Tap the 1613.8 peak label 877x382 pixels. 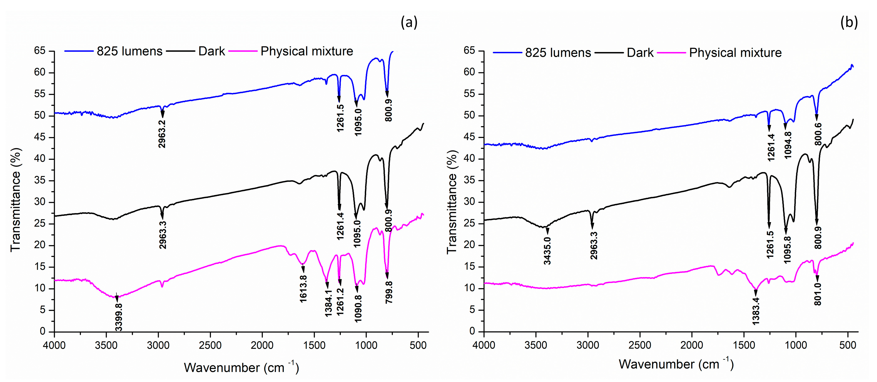point(303,289)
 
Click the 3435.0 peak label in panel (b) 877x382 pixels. point(547,251)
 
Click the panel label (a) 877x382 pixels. point(409,23)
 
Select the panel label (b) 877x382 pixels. point(849,23)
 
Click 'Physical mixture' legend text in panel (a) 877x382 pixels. point(307,51)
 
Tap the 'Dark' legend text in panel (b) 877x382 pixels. point(640,53)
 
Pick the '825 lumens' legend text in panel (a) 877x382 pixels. point(129,51)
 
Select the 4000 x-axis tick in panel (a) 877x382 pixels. point(55,345)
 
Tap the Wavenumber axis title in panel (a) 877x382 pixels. point(241,368)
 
